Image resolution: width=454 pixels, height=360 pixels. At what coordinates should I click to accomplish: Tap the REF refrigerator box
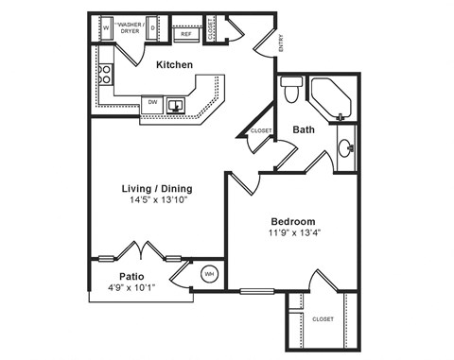[186, 33]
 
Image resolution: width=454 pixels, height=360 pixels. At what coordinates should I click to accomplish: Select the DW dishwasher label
[150, 101]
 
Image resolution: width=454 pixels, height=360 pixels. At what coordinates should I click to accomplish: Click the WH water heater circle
[209, 275]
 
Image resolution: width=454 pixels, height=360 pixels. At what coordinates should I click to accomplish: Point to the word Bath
[304, 129]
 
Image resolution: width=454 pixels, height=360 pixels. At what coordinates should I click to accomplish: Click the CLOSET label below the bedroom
[323, 319]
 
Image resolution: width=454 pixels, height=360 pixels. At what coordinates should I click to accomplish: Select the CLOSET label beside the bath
[261, 131]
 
